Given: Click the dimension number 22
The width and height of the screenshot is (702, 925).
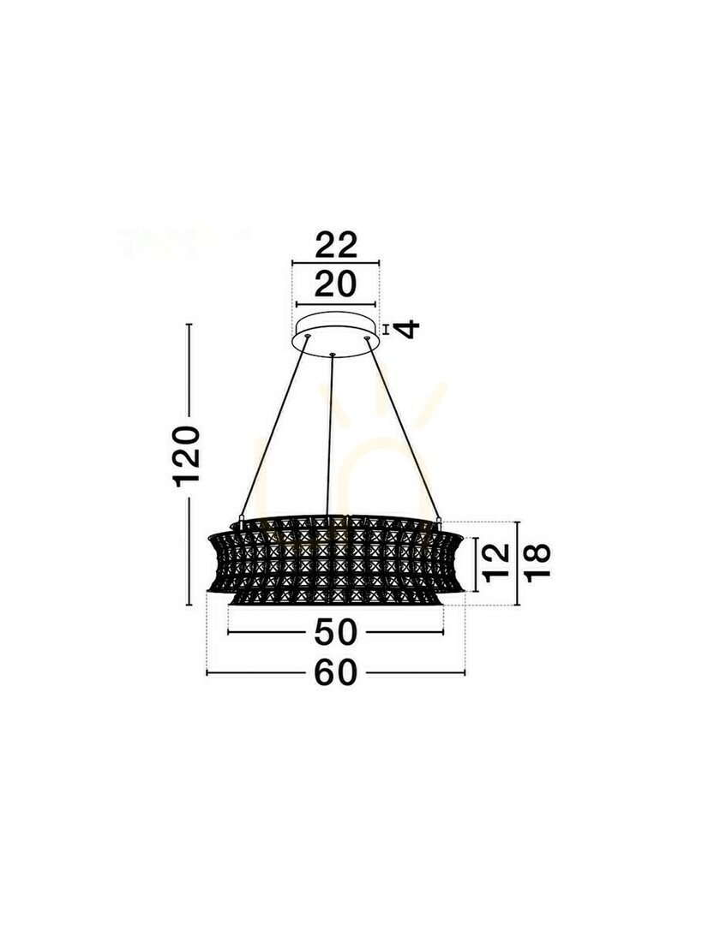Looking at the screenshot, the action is [336, 245].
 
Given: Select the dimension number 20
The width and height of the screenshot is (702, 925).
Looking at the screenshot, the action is [336, 284].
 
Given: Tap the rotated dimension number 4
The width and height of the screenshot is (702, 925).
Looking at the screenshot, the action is [406, 329].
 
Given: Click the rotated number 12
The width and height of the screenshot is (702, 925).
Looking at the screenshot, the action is [496, 564].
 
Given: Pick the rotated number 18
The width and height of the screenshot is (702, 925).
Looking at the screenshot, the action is [537, 564].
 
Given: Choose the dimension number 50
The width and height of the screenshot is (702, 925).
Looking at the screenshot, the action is [336, 632].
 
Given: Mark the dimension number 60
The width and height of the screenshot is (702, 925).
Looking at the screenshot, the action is [336, 672].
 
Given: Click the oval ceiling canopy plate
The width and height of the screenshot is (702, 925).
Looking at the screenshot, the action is [336, 335].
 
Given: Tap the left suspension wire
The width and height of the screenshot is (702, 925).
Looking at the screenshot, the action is [273, 427].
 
